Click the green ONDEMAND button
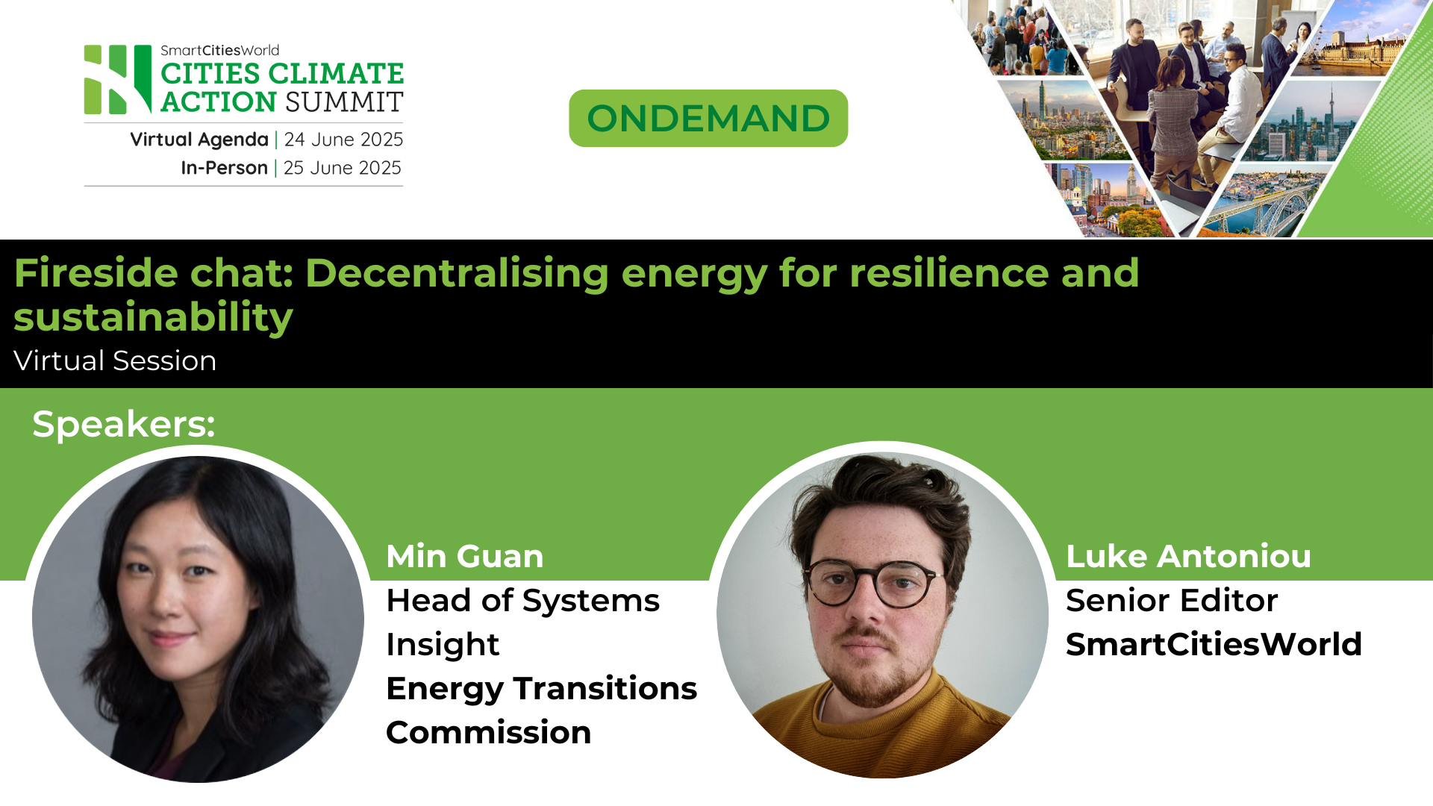[x=708, y=119]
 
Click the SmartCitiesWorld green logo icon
[x=118, y=80]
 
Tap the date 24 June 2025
[x=343, y=140]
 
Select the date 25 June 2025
[x=342, y=168]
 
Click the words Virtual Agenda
[x=199, y=140]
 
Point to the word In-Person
[x=224, y=168]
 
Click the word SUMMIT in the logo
[x=343, y=102]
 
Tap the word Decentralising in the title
[x=457, y=272]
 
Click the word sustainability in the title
[x=153, y=317]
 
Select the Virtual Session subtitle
[x=115, y=361]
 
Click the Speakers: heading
[x=123, y=424]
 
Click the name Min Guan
[x=465, y=557]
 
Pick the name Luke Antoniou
[x=1188, y=557]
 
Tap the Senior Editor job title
[x=1172, y=601]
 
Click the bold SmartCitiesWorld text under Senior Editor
[x=1214, y=645]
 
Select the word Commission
[x=488, y=733]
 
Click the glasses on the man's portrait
[x=872, y=583]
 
